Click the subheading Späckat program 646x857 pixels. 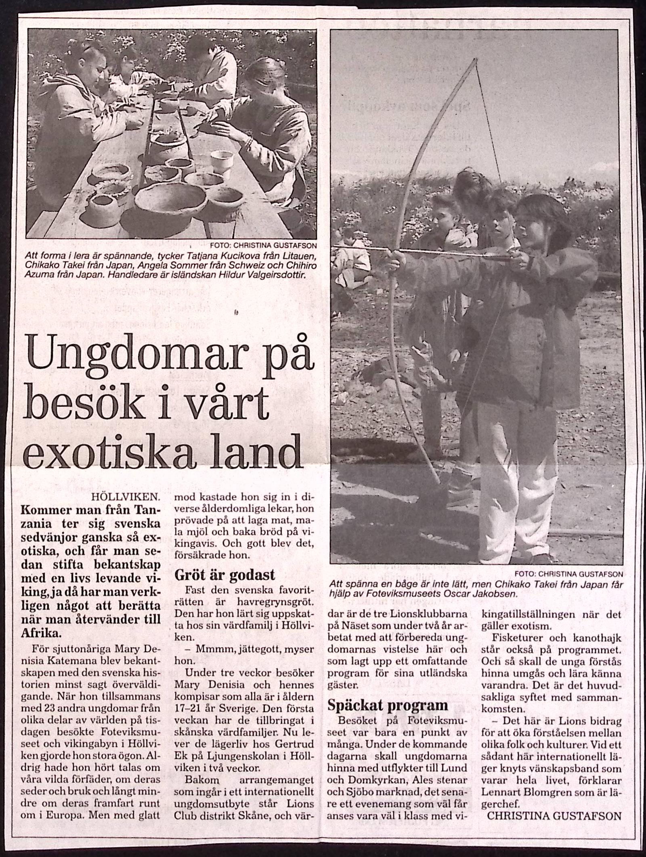pos(388,704)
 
